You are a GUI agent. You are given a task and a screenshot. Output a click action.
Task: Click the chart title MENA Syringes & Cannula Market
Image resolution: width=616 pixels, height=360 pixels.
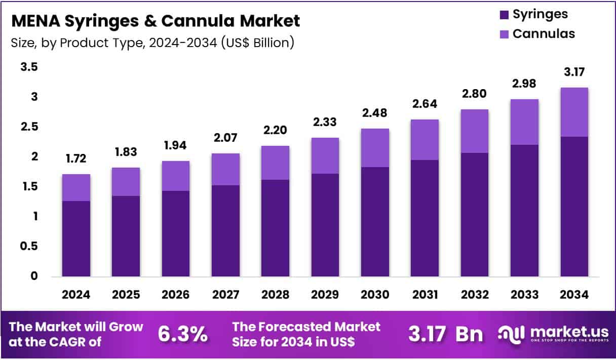coord(155,21)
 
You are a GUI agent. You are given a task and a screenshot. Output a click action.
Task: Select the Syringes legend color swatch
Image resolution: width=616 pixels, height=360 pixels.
coord(504,15)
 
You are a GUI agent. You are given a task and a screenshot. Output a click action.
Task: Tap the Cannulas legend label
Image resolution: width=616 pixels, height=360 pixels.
coord(544,34)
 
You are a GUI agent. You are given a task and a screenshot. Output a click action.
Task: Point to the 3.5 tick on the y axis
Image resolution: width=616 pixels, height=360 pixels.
coord(29,67)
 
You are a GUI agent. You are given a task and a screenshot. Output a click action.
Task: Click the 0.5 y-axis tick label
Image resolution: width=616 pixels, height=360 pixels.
coord(29,246)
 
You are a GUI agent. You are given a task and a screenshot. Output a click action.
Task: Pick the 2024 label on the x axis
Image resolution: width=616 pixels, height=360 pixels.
coord(76,295)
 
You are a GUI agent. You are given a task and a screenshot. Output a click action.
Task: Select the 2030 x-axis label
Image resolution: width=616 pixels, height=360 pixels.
coord(375,295)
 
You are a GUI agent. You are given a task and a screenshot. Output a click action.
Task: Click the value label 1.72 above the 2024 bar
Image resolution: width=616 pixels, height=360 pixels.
coord(76,159)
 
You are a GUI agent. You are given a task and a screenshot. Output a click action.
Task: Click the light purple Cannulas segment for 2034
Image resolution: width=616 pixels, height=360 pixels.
coord(574,112)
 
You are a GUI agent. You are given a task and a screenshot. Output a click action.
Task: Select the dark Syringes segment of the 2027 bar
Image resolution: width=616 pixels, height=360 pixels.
coord(225,230)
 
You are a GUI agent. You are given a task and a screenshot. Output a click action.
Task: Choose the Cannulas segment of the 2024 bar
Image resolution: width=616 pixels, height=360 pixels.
coord(76,187)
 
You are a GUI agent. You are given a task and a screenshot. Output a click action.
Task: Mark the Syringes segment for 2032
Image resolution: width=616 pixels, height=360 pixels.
coord(475,214)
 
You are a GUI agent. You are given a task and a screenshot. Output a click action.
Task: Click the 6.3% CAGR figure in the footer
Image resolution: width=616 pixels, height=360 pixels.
coord(182,334)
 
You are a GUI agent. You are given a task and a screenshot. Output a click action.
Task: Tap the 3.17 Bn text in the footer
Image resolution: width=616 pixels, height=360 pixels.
coord(446,334)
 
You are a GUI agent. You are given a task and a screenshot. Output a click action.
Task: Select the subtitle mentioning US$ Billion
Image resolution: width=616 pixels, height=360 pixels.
coord(152,43)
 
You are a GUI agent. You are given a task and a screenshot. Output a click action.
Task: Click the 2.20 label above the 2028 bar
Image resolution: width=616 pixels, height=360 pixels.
coord(275,130)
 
